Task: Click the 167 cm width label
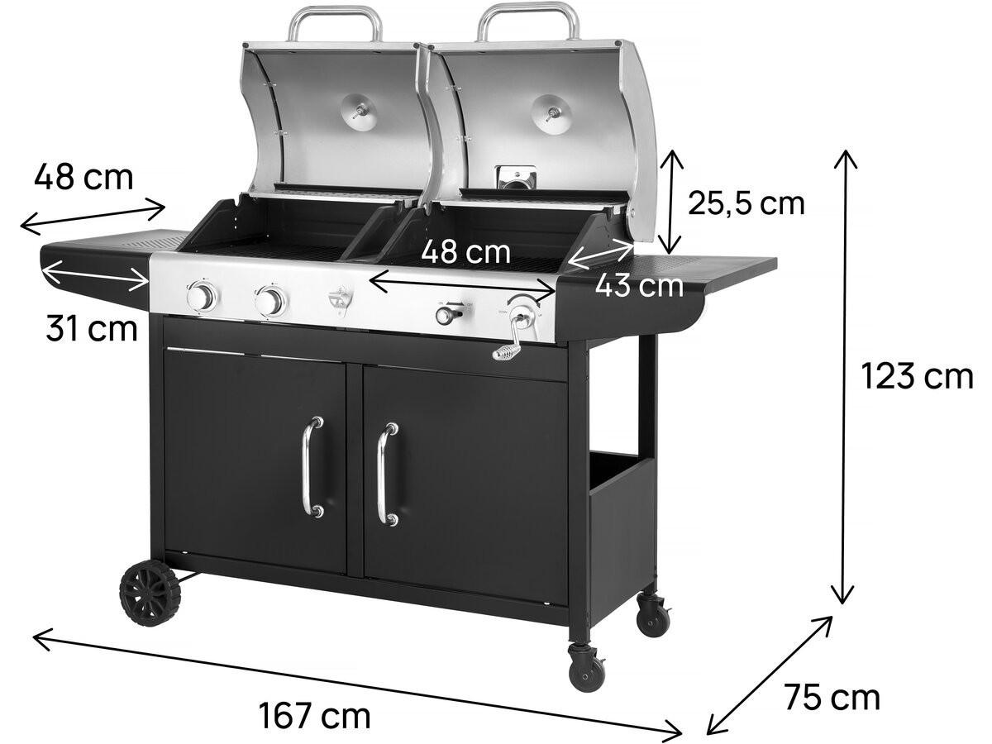tap(315, 715)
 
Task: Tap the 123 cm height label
tap(917, 377)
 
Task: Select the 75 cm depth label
tap(832, 698)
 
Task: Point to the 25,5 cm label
tap(746, 203)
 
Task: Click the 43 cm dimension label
tap(639, 286)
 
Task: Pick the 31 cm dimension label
tap(91, 329)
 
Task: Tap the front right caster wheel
tap(587, 665)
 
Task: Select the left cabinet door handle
tap(312, 467)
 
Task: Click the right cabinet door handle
tap(384, 475)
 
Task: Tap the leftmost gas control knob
tap(202, 298)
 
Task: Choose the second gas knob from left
tap(269, 302)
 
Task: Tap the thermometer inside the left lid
tap(360, 109)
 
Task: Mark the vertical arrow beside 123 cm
tap(844, 377)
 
